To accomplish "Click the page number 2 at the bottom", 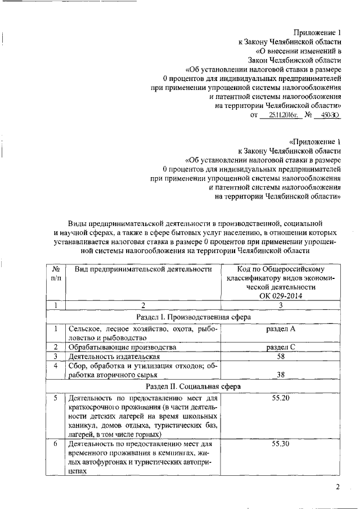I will pos(338,487).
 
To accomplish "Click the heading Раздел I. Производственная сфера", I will pos(193,317).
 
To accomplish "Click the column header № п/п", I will pos(56,273).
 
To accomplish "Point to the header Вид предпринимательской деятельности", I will pos(143,269).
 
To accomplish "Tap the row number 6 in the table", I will pos(56,444).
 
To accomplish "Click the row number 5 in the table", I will pos(56,398).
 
